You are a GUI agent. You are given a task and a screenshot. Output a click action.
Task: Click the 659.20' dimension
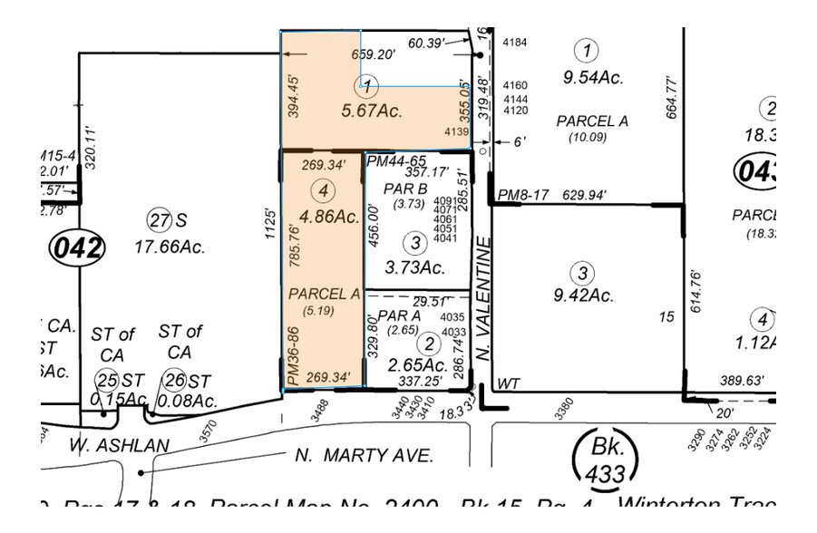click(373, 54)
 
